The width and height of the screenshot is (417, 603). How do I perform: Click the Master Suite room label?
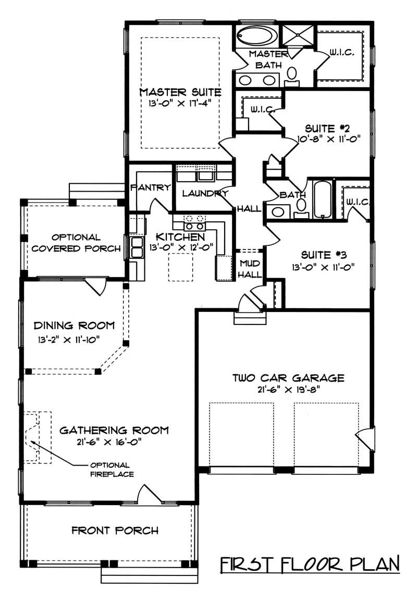pyautogui.click(x=180, y=92)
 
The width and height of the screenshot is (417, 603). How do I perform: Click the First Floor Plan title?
pyautogui.click(x=309, y=564)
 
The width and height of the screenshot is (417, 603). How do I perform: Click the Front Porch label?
pyautogui.click(x=115, y=531)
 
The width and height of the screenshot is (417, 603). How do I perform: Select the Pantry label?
pyautogui.click(x=151, y=187)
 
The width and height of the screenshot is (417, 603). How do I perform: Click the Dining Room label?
pyautogui.click(x=74, y=326)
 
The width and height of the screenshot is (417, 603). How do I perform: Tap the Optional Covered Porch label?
pyautogui.click(x=76, y=243)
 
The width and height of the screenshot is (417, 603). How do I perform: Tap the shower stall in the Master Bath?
pyautogui.click(x=296, y=35)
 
